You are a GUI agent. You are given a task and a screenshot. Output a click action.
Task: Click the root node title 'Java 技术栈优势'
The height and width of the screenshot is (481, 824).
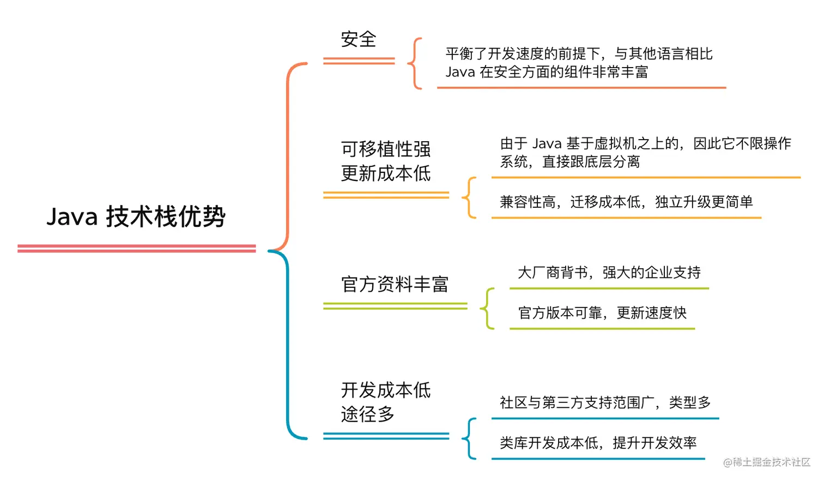coord(136,217)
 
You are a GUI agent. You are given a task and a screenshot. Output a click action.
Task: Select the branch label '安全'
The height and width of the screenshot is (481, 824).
coord(359,39)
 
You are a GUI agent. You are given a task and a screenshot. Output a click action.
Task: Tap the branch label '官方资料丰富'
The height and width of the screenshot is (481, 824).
coord(395,284)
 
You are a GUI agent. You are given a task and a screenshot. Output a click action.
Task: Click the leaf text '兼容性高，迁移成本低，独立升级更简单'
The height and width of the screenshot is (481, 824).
coord(626,202)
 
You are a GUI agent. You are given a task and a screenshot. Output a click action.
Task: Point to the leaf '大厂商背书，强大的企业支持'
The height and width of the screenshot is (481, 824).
coord(609,272)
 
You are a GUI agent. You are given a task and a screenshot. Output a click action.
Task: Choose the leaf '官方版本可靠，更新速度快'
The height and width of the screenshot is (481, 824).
coord(602,313)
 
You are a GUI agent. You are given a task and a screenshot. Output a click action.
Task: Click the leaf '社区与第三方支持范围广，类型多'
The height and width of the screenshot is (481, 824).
coord(605,402)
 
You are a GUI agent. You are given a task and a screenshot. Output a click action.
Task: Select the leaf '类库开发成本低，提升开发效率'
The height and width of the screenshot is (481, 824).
coord(598,443)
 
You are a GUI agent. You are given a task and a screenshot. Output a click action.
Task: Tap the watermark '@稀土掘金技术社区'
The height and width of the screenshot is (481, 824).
coord(767,462)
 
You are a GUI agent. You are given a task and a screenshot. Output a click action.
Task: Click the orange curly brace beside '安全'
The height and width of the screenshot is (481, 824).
coord(415,63)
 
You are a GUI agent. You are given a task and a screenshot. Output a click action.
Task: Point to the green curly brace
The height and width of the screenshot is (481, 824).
coord(487,309)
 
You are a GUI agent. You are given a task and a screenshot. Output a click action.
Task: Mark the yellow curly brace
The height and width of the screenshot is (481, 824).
coord(469,197)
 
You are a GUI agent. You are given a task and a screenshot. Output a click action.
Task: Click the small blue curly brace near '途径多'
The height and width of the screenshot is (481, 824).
coord(469,438)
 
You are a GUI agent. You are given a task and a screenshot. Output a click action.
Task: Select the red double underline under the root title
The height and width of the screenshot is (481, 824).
coord(136,249)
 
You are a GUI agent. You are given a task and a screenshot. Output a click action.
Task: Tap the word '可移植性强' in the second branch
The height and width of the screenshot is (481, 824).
coord(386,149)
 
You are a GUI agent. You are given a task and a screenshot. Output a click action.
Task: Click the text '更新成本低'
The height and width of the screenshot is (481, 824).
coord(386,173)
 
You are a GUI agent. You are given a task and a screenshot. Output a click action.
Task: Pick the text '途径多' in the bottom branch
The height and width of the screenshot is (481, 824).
coord(368,414)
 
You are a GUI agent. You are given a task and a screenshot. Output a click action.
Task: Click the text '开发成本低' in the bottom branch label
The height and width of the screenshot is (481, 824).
coord(386,390)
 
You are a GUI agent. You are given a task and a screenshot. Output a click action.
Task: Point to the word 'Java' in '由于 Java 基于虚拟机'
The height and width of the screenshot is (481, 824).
coord(547,144)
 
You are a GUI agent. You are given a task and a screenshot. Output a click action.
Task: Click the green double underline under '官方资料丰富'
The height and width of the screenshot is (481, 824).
coord(395,306)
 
